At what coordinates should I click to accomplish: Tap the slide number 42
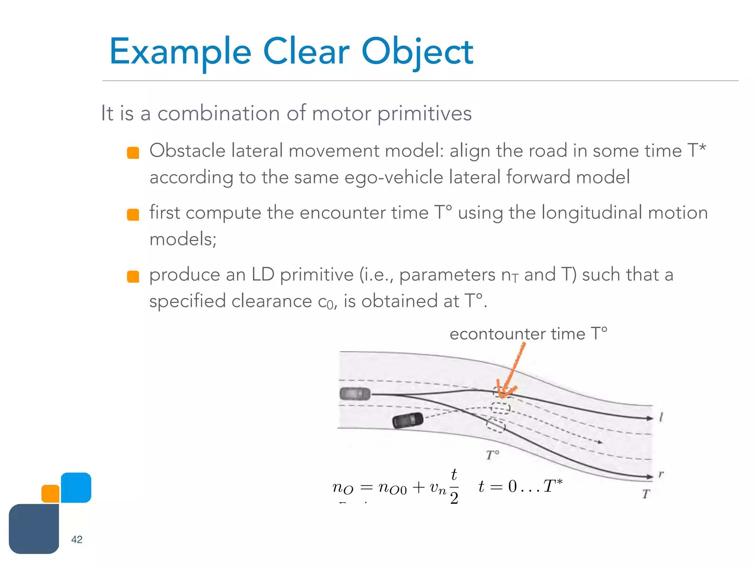pos(77,539)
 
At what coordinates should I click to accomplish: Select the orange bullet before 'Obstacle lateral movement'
pos(133,153)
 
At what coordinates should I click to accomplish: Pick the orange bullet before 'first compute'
pos(133,214)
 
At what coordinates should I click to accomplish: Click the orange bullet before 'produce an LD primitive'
pos(133,276)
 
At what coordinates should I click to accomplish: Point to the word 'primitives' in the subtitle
pos(425,113)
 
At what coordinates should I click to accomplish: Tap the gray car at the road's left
pos(355,394)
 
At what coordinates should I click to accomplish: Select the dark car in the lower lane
pos(407,420)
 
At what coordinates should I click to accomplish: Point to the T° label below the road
pos(493,455)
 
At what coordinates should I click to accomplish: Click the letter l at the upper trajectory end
pos(661,417)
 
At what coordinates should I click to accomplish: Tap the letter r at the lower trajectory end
pos(661,474)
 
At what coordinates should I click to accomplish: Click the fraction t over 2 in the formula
pos(454,486)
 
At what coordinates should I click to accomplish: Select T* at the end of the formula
pos(553,486)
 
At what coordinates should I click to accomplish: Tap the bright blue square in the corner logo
pos(76,487)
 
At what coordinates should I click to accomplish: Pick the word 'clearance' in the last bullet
pos(272,301)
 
